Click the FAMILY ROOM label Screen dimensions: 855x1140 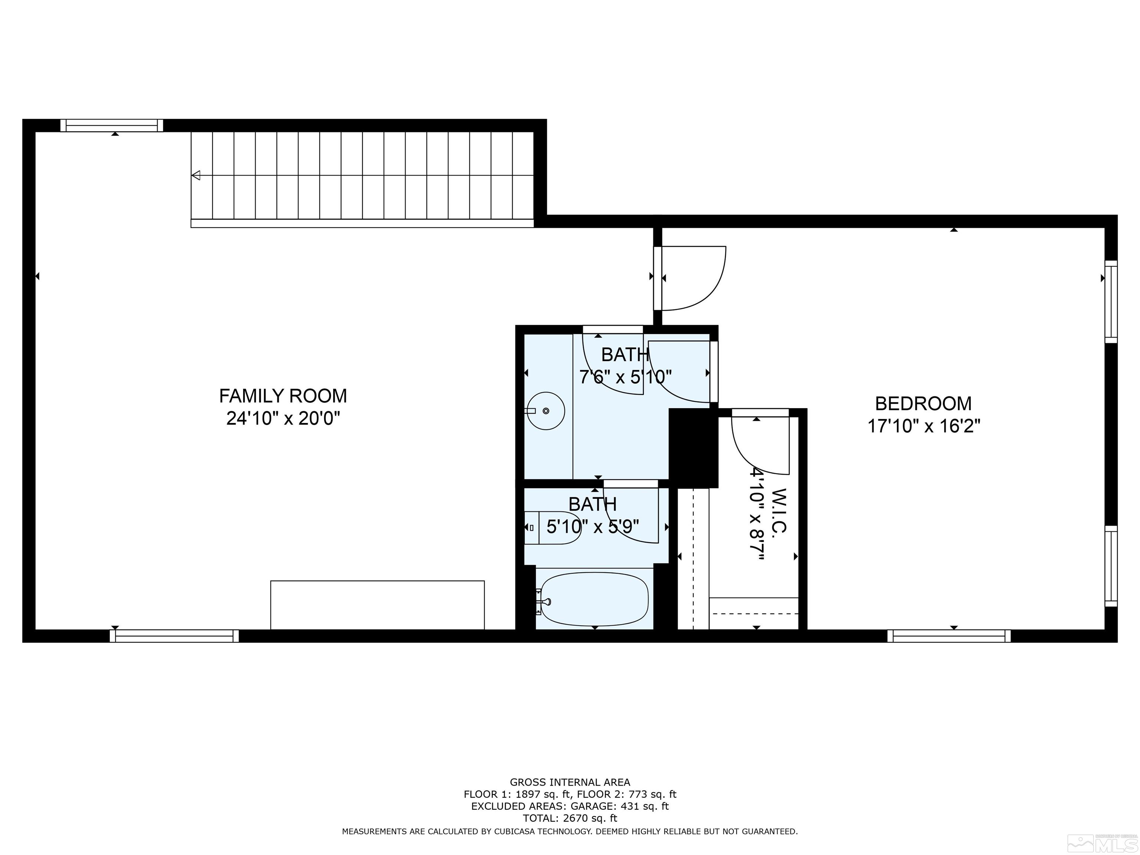pyautogui.click(x=283, y=396)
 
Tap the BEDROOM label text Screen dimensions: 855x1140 pyautogui.click(x=923, y=403)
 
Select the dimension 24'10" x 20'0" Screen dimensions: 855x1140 pyautogui.click(x=283, y=418)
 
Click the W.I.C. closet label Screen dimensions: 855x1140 pyautogui.click(x=779, y=510)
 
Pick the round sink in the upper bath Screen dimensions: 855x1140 pyautogui.click(x=546, y=411)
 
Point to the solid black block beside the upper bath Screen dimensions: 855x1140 pyautogui.click(x=693, y=447)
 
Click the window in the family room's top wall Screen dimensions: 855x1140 pyautogui.click(x=111, y=125)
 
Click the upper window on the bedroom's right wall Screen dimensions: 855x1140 pyautogui.click(x=1111, y=301)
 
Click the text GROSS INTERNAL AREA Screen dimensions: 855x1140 pyautogui.click(x=570, y=782)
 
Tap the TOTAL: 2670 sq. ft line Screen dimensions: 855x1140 pyautogui.click(x=570, y=818)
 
